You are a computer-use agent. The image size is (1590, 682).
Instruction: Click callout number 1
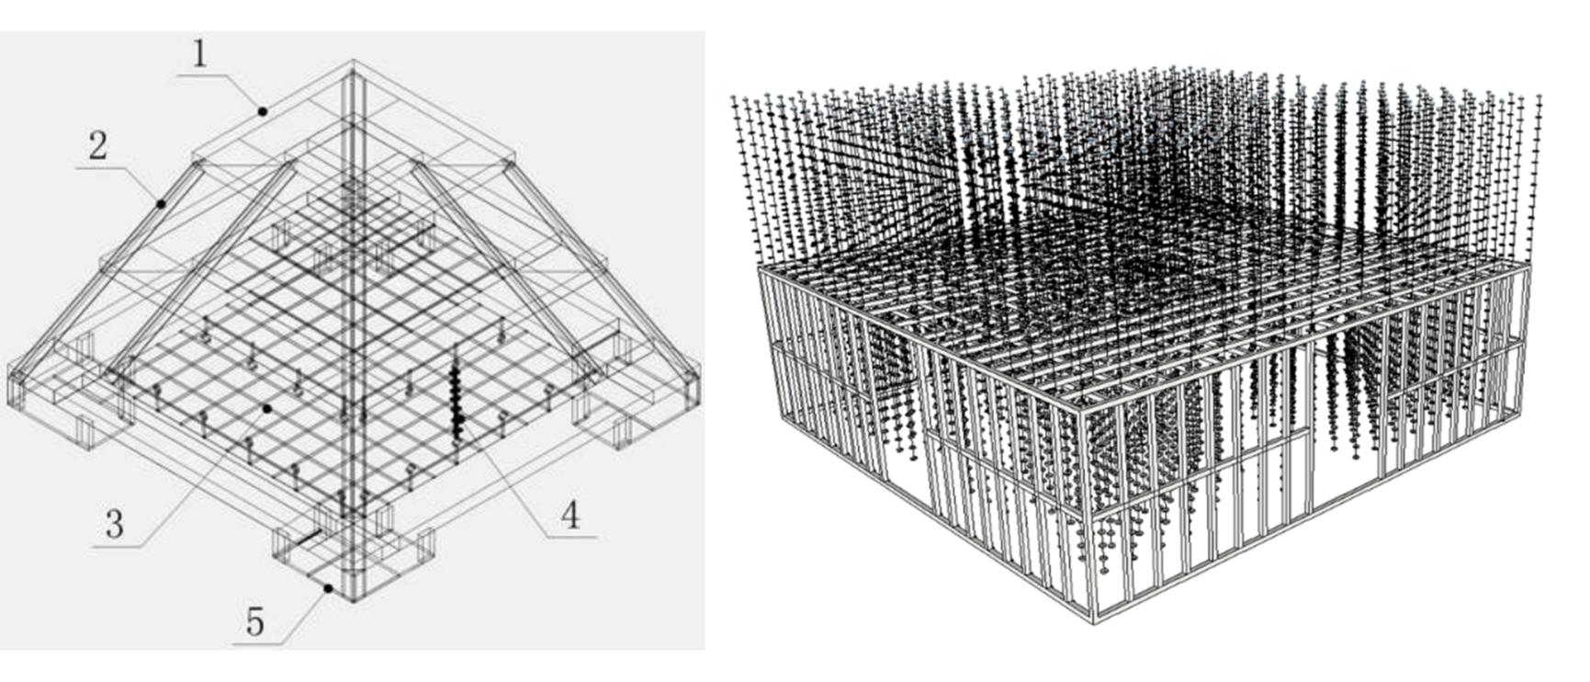click(x=201, y=54)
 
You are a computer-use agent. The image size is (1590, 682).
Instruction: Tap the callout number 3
click(x=114, y=525)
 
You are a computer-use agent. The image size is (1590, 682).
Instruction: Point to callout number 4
click(x=570, y=516)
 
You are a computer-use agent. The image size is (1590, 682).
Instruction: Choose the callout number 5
click(x=254, y=622)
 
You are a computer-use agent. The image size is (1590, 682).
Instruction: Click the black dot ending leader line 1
click(x=262, y=111)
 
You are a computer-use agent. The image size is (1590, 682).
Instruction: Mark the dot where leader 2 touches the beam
click(x=161, y=203)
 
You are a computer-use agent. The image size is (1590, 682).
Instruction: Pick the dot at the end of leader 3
click(x=267, y=408)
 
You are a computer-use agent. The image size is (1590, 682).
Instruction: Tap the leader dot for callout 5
click(x=328, y=587)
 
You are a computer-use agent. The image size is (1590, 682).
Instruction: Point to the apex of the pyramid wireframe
click(x=354, y=62)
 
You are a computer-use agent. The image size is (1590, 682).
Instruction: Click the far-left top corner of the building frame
click(x=761, y=267)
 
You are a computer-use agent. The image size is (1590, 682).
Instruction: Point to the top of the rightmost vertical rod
click(x=1539, y=97)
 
